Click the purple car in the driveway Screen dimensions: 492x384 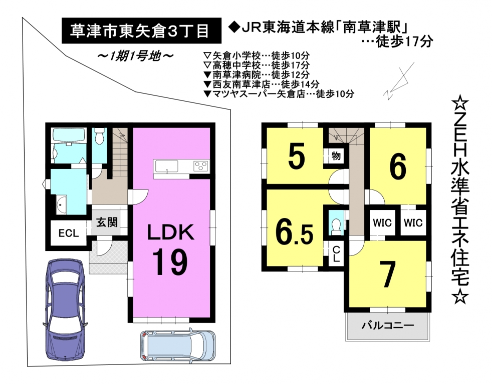point(65,309)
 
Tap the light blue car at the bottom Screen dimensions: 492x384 point(177,345)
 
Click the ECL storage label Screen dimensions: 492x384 point(69,233)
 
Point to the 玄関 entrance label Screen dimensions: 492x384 point(107,222)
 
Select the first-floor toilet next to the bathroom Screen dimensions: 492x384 point(99,136)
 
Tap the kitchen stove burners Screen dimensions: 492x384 point(201,165)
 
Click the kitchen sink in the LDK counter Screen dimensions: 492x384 point(166,165)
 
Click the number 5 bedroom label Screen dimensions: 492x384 point(296,155)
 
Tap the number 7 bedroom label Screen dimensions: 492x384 point(387,274)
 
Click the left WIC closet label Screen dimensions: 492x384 point(382,222)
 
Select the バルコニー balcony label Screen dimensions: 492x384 point(388,325)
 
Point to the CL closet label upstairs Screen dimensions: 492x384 point(336,254)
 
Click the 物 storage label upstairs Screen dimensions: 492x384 point(336,155)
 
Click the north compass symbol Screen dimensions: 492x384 point(398,80)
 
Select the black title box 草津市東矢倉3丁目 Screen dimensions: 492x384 point(141,30)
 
